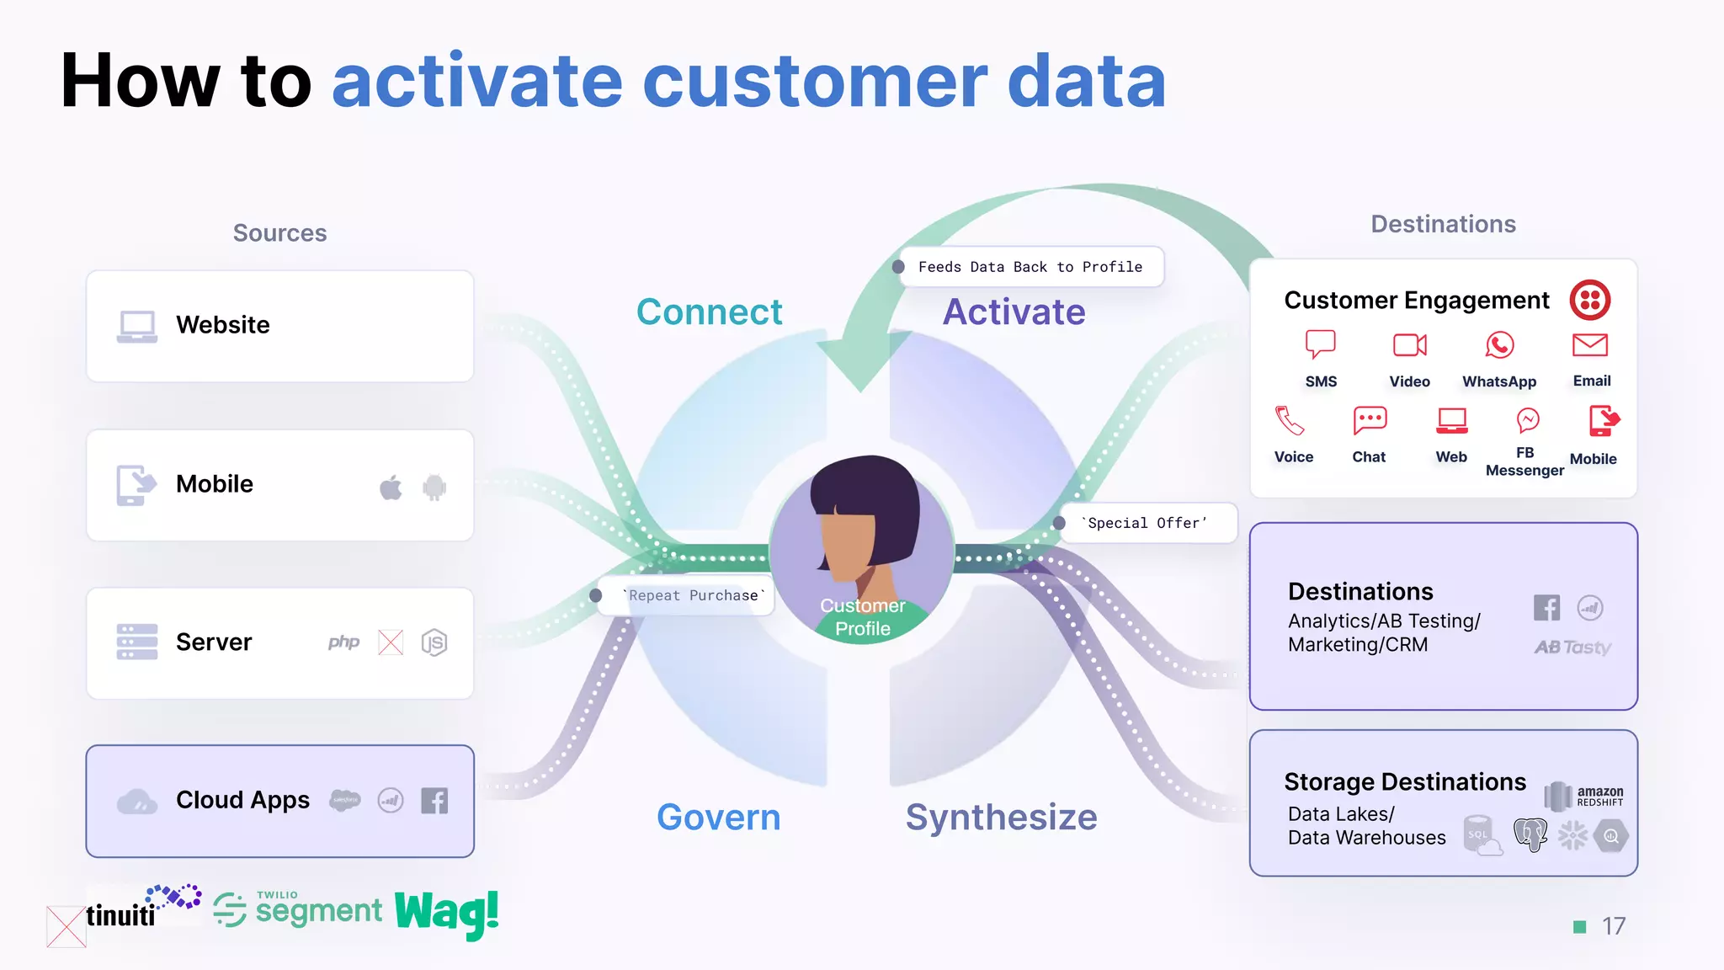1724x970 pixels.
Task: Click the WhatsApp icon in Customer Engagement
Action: coord(1499,345)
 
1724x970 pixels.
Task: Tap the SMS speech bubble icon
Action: coord(1320,344)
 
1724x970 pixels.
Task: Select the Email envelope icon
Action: coord(1590,345)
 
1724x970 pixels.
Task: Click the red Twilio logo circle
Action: coord(1590,300)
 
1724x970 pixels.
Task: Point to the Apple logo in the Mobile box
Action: coord(391,487)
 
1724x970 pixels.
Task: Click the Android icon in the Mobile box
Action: coord(434,487)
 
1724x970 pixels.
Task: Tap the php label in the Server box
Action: coord(343,642)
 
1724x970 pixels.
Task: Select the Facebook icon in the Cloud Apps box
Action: coord(434,801)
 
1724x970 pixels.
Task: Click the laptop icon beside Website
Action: coord(136,327)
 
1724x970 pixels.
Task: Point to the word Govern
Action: coord(718,818)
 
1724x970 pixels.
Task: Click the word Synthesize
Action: coord(1001,818)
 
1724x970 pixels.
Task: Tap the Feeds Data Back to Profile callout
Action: coord(1030,267)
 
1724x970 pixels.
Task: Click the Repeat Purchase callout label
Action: coord(692,595)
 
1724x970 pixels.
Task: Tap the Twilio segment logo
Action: coord(298,910)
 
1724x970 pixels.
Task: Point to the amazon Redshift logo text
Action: coord(1599,796)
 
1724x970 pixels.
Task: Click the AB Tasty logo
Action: coord(1572,648)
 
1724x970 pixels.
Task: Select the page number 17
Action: coord(1613,926)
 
